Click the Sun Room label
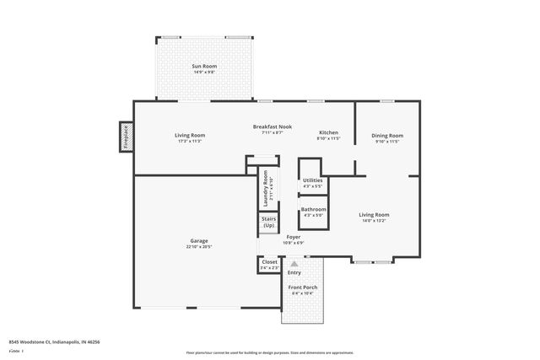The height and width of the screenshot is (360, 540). [x=204, y=66]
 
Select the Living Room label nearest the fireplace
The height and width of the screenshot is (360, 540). [x=190, y=135]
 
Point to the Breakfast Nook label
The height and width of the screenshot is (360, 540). [x=273, y=126]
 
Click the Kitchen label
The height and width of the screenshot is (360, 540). [x=328, y=132]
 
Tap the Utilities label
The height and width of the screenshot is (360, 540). [x=313, y=180]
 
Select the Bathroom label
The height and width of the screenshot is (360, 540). [x=313, y=209]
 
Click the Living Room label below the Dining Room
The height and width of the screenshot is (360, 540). [x=375, y=214]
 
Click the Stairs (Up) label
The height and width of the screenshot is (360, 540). [x=269, y=223]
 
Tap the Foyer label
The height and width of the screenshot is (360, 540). [x=293, y=237]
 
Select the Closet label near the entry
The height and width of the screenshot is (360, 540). [x=269, y=261]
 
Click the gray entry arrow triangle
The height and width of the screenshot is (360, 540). [x=294, y=263]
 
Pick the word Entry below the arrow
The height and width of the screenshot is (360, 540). [x=294, y=272]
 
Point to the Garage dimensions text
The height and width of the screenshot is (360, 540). [x=199, y=247]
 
